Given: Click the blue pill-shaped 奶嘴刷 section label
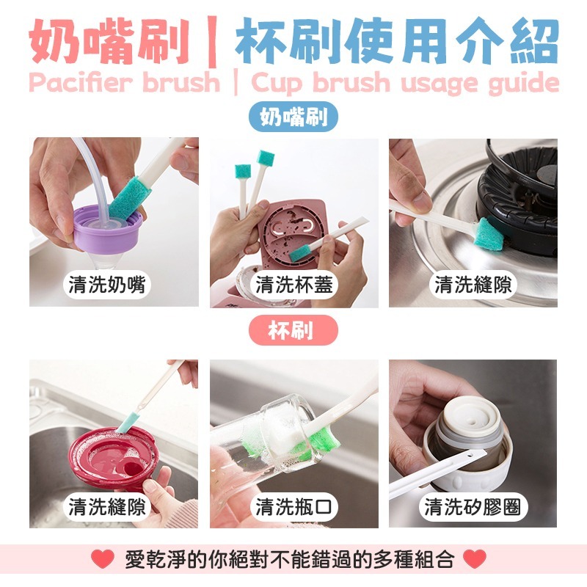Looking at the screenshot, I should (293, 117).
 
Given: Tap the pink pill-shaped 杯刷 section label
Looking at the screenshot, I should (293, 330).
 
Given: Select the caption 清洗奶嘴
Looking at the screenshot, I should (108, 285).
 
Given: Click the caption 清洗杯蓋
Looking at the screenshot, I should (293, 285).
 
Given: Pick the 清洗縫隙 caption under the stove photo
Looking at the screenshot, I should (473, 285).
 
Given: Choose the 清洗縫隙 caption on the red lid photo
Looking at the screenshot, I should (108, 506).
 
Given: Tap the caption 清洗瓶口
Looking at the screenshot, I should (293, 506).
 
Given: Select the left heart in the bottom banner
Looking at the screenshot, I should (102, 559).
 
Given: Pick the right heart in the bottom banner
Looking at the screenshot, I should (475, 559).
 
